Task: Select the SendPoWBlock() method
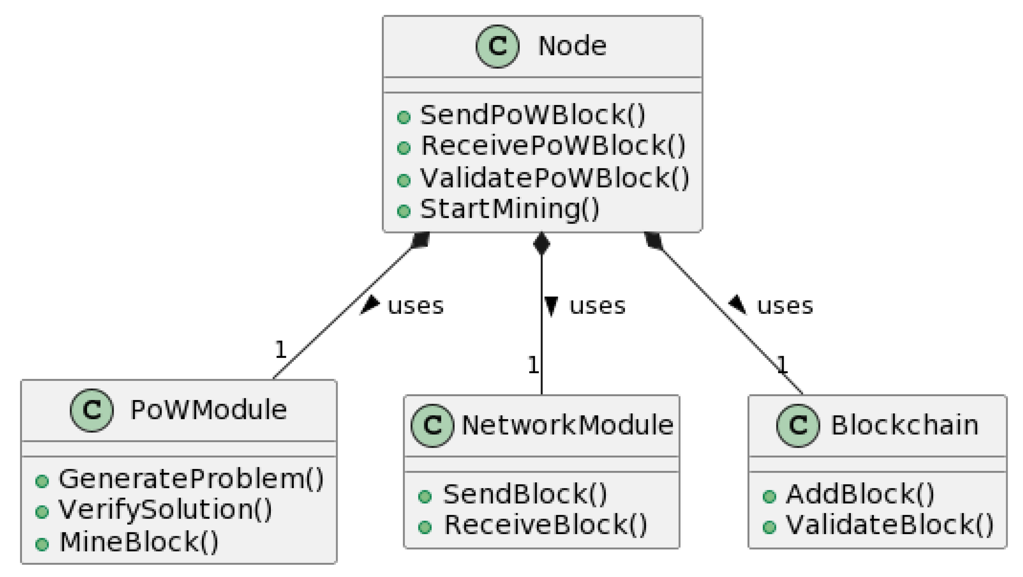coord(532,115)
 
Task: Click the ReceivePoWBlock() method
coord(553,146)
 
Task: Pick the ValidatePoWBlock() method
coord(554,178)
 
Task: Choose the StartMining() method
coord(509,209)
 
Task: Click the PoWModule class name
coord(208,410)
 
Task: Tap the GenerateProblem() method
coord(191,479)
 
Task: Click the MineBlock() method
coord(139,542)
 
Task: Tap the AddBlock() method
coord(860,495)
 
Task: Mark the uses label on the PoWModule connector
coord(416,306)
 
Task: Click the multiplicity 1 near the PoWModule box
coord(280,350)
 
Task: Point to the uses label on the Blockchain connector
coord(785,306)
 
